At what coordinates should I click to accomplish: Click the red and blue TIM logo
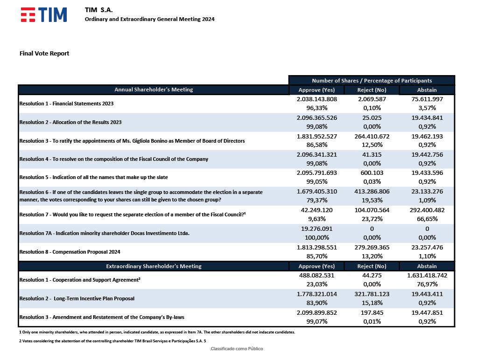(44, 14)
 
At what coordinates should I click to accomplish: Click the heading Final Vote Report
(44, 54)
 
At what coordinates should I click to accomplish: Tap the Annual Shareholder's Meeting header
(154, 90)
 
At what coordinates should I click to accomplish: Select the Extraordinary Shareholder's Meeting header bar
(154, 266)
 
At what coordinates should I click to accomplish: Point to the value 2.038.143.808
(316, 99)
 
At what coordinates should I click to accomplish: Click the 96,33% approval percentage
(316, 108)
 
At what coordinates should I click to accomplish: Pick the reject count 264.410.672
(372, 136)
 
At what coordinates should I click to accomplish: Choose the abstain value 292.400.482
(427, 210)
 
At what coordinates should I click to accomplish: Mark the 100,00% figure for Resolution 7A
(316, 237)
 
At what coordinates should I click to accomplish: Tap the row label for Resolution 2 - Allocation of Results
(70, 122)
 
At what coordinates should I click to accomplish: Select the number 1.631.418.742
(427, 275)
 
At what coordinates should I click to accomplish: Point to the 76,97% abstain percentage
(427, 284)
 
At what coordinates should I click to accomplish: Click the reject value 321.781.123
(372, 294)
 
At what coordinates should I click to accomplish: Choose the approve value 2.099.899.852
(316, 312)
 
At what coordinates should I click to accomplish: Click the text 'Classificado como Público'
(237, 349)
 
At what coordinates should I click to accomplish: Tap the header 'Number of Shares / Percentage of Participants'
(372, 81)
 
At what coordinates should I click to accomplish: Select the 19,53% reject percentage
(372, 200)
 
